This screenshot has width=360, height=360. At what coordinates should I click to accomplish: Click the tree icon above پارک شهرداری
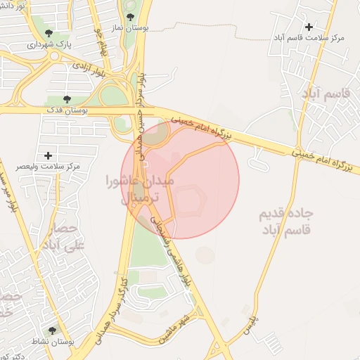point(49,33)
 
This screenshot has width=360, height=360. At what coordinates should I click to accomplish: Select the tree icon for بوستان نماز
point(129,16)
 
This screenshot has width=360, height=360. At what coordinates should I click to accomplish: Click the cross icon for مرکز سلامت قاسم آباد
point(309,27)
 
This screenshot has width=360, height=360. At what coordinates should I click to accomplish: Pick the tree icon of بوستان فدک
point(67,100)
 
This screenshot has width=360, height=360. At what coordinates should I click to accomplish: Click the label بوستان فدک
point(65,110)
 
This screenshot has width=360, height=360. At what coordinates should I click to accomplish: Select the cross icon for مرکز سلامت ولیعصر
point(48,155)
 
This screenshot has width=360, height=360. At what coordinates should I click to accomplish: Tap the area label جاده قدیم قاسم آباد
point(288,221)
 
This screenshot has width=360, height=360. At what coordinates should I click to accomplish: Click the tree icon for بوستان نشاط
point(52,330)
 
